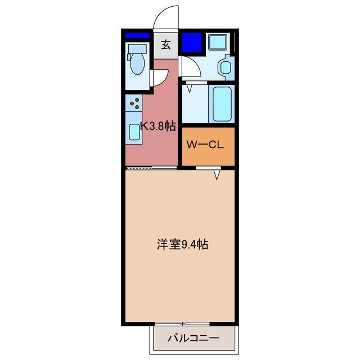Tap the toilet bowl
(x=137, y=64)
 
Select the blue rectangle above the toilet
(x=137, y=35)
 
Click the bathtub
(x=222, y=103)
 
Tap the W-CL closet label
(x=205, y=145)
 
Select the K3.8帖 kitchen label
(x=157, y=126)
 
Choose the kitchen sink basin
(x=134, y=132)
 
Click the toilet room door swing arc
(x=160, y=77)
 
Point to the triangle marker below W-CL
(x=217, y=176)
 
